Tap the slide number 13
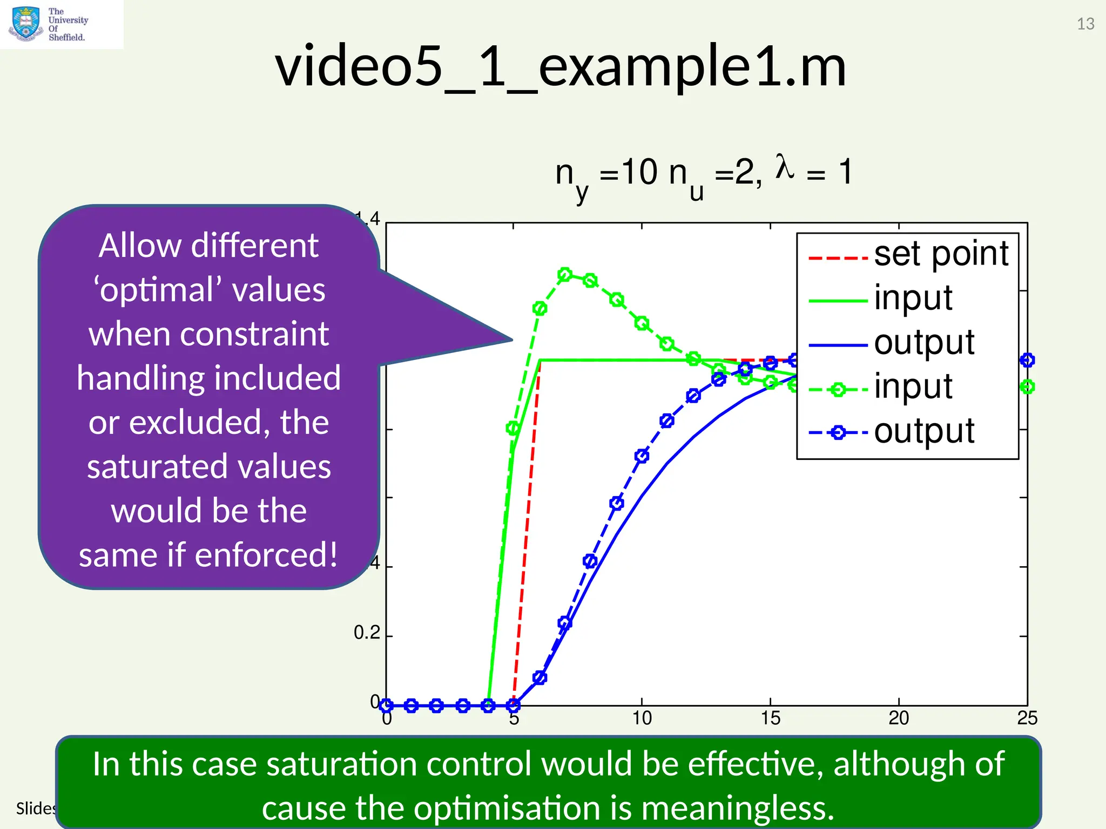pyautogui.click(x=1085, y=24)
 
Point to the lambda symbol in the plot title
pyautogui.click(x=784, y=167)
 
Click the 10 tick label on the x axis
pyautogui.click(x=642, y=718)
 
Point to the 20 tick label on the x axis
pyautogui.click(x=899, y=718)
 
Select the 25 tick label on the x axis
pyautogui.click(x=1027, y=718)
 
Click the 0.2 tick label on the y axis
pyautogui.click(x=367, y=633)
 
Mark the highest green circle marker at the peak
pyautogui.click(x=564, y=275)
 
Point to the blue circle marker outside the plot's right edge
pyautogui.click(x=1027, y=360)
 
